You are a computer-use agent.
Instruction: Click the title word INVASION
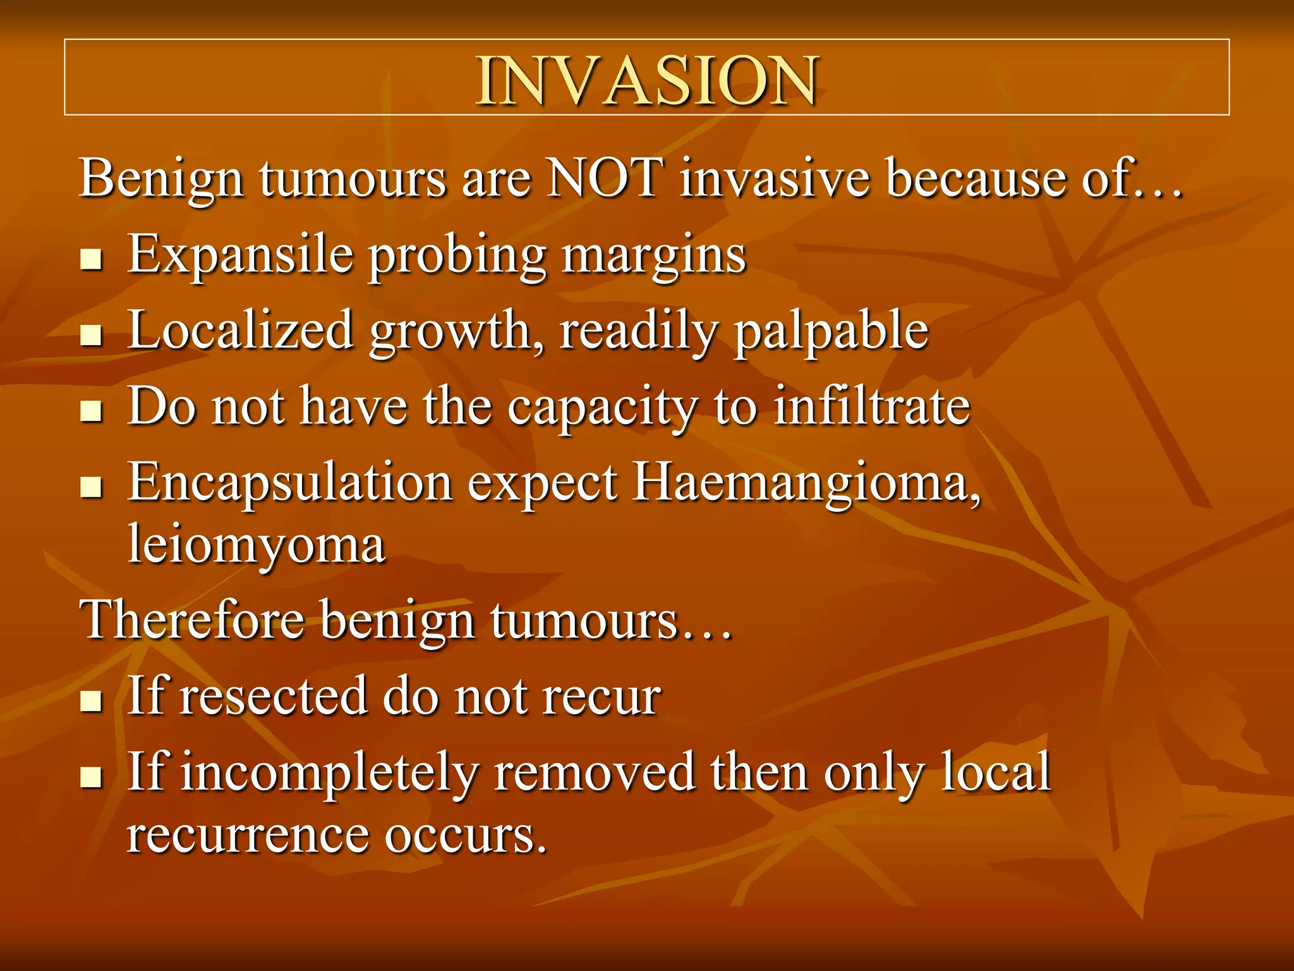[647, 81]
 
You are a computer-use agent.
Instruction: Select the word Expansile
[240, 255]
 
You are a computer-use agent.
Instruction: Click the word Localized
[240, 331]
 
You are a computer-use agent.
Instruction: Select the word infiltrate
[872, 406]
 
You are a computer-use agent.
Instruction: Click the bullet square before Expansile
[92, 259]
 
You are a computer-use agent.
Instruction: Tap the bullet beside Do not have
[92, 412]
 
